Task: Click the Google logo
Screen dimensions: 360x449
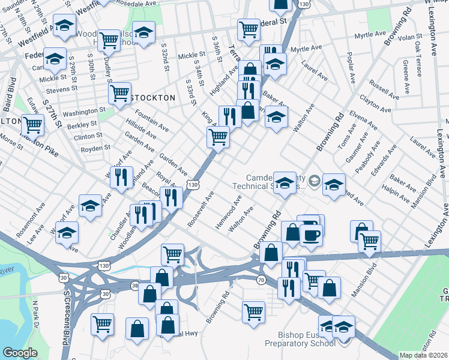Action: click(x=20, y=353)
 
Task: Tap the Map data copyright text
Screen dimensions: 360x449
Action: click(x=423, y=355)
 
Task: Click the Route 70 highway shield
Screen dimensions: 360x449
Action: click(x=261, y=280)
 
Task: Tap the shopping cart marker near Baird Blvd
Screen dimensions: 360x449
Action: click(x=33, y=126)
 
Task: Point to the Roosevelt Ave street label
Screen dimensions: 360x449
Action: click(x=200, y=208)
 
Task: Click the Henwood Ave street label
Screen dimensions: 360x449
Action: click(x=229, y=216)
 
